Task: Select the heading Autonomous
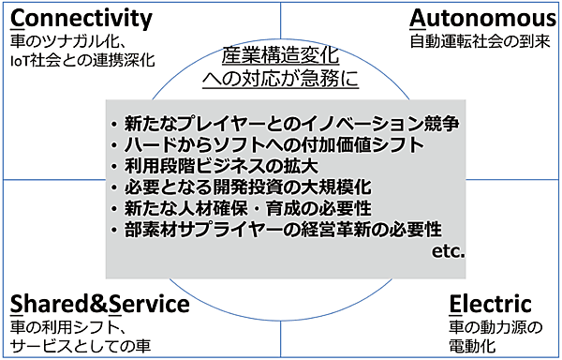[481, 19]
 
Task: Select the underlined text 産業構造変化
[280, 55]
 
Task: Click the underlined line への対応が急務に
[280, 79]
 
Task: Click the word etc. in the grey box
[448, 250]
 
